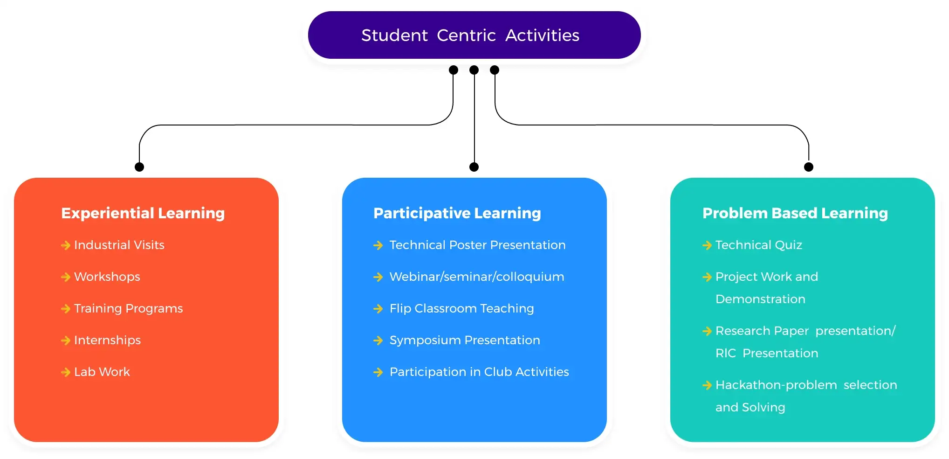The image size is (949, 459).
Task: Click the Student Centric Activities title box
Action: pos(474,35)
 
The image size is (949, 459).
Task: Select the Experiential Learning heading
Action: pos(143,213)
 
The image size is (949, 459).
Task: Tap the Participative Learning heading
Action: pos(457,213)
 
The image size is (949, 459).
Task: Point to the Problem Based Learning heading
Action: pos(795,213)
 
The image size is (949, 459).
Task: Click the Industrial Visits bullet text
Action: pos(119,245)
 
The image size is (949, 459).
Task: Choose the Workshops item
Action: pos(107,277)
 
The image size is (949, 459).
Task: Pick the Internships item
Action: pos(107,340)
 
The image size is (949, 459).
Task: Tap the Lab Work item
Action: pos(102,372)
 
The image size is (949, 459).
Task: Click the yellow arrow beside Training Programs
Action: pos(66,309)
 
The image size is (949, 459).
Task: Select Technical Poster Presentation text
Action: pos(477,245)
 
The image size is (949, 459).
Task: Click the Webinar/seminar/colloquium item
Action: pos(476,277)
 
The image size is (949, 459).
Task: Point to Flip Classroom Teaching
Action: pos(461,308)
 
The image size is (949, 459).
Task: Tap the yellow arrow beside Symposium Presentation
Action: pos(378,341)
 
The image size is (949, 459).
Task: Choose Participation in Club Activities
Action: pos(479,372)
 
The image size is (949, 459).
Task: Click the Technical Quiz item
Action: pos(758,245)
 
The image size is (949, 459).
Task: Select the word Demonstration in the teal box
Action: pos(760,299)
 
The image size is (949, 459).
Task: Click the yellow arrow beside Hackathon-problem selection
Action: pos(707,385)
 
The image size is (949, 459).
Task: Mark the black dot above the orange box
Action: pos(139,167)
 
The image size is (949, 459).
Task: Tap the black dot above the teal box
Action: pos(809,167)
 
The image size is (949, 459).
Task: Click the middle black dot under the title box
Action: pos(474,70)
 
